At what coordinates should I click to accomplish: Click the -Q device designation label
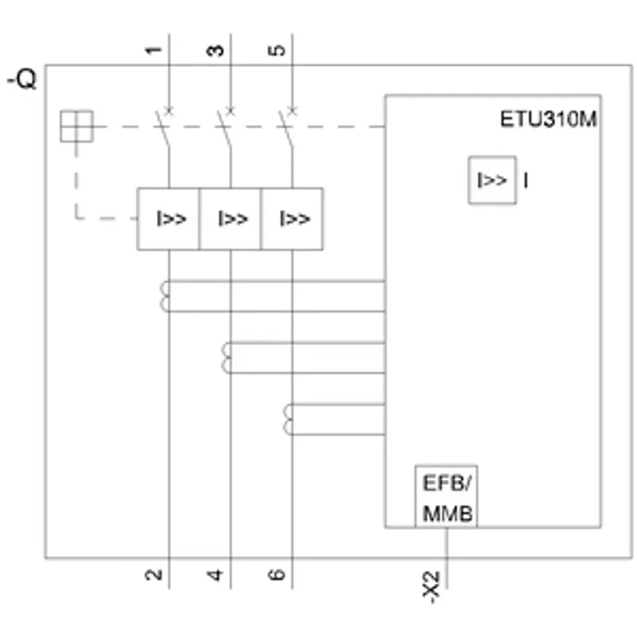click(x=22, y=79)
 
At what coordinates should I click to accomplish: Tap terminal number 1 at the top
click(x=154, y=50)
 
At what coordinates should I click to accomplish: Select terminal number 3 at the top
click(x=215, y=50)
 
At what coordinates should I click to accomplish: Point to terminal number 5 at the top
click(x=277, y=50)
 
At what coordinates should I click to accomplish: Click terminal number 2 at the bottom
click(x=154, y=574)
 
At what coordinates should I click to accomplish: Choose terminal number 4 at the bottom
click(x=215, y=575)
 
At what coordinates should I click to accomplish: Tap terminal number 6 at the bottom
click(x=277, y=574)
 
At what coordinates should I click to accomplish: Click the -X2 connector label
click(x=431, y=587)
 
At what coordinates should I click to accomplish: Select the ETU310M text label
click(x=548, y=119)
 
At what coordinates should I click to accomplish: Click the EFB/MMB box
click(x=446, y=496)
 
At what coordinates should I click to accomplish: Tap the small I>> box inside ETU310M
click(x=492, y=180)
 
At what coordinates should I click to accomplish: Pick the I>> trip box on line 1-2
click(x=168, y=219)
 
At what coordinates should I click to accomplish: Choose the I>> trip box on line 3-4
click(x=230, y=219)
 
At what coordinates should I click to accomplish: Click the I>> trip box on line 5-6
click(x=292, y=219)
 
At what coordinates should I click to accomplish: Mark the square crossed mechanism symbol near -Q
click(x=76, y=127)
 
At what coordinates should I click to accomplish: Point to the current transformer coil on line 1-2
click(x=164, y=296)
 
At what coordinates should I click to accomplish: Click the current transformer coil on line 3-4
click(x=226, y=358)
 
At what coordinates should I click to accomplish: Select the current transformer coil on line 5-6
click(x=287, y=420)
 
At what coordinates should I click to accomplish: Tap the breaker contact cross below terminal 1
click(x=169, y=111)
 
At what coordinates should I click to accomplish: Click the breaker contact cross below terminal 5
click(x=292, y=111)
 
